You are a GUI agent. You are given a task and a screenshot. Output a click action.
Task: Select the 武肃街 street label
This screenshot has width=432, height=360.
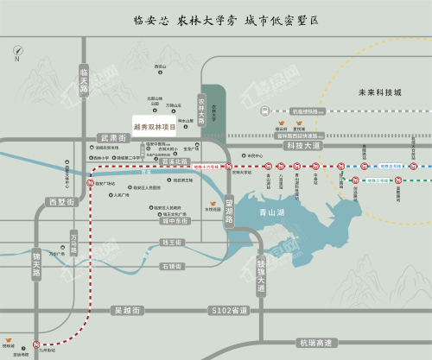(x=113, y=138)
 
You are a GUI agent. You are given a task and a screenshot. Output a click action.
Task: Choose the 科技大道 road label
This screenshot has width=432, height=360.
(x=302, y=146)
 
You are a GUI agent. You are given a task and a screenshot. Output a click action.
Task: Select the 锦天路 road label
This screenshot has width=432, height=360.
(x=35, y=262)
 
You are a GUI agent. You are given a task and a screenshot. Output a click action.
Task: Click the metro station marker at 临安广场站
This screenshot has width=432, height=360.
(x=92, y=182)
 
